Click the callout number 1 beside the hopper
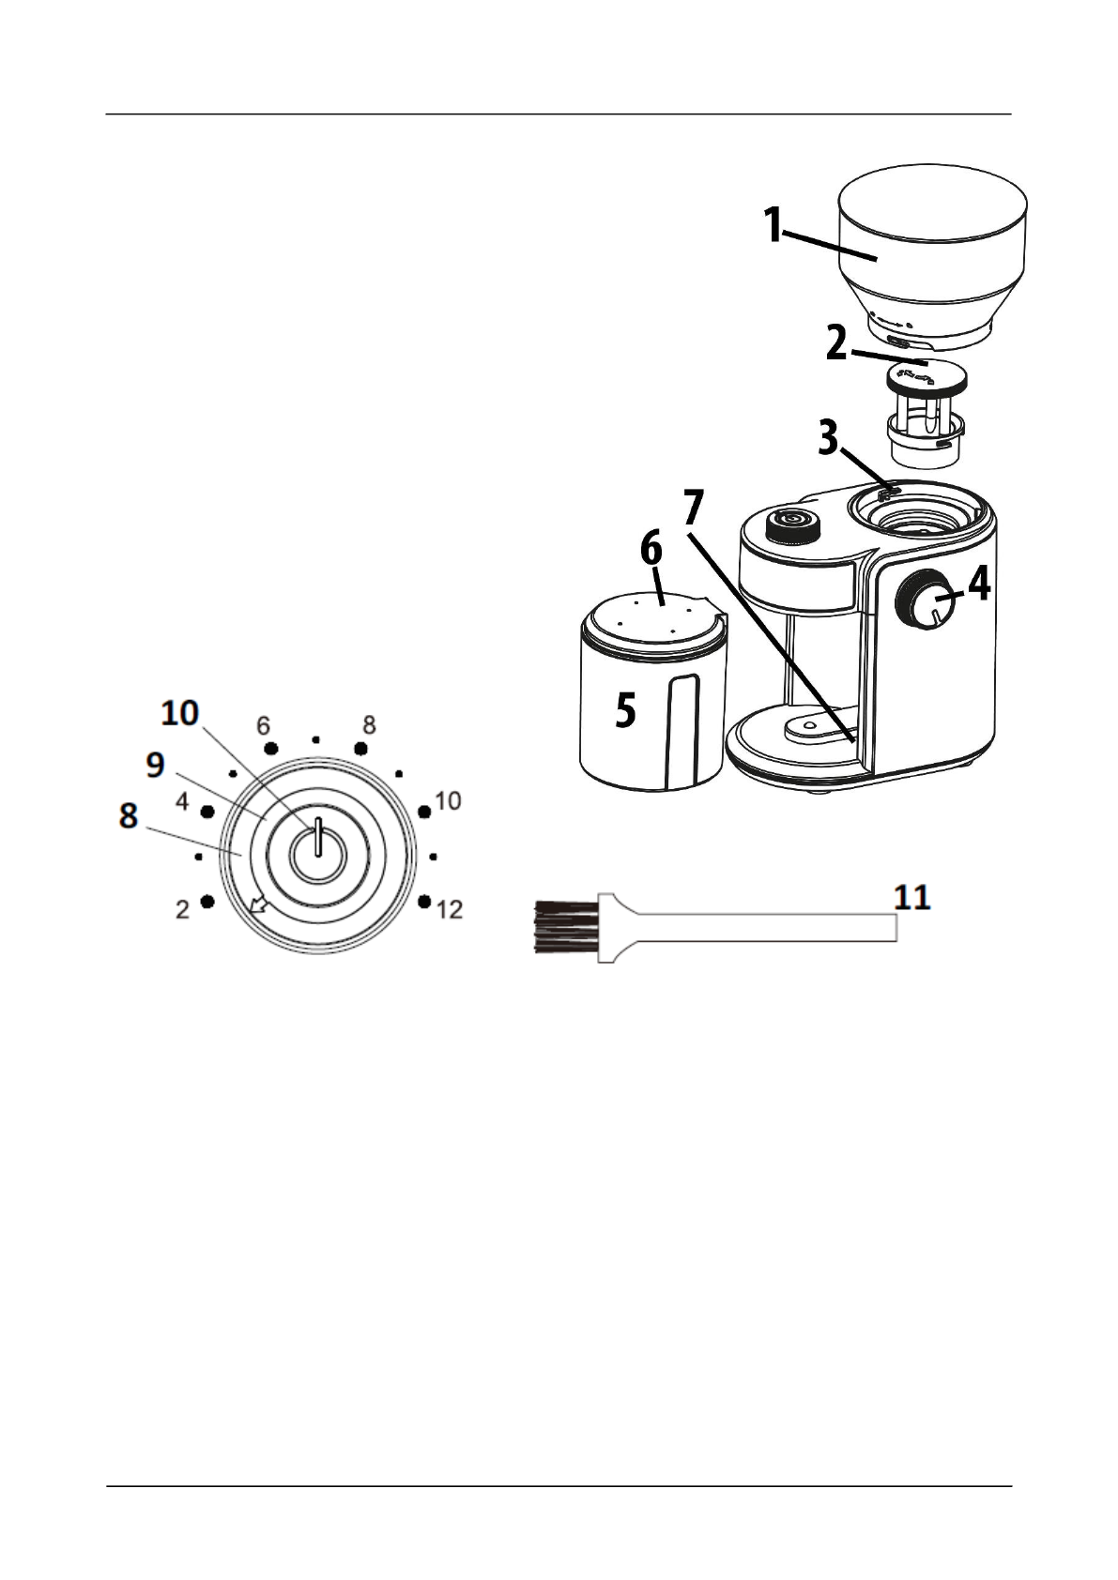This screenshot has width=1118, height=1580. point(773,226)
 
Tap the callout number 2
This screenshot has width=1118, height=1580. point(837,343)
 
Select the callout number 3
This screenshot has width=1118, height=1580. point(827,438)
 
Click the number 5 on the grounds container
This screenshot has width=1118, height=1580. point(625,710)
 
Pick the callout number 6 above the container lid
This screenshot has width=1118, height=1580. point(651,549)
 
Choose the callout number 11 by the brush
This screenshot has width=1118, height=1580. point(911,898)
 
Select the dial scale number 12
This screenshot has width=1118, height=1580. point(450,909)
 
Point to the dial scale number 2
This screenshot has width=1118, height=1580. point(182,908)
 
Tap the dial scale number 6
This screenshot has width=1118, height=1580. point(263,726)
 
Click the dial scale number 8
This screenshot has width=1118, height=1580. point(369,724)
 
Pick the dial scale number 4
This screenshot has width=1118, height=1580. point(183,802)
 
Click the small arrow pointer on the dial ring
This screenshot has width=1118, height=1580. point(255,904)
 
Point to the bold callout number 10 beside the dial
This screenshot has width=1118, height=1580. point(179,714)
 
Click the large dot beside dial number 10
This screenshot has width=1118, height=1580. point(424,811)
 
